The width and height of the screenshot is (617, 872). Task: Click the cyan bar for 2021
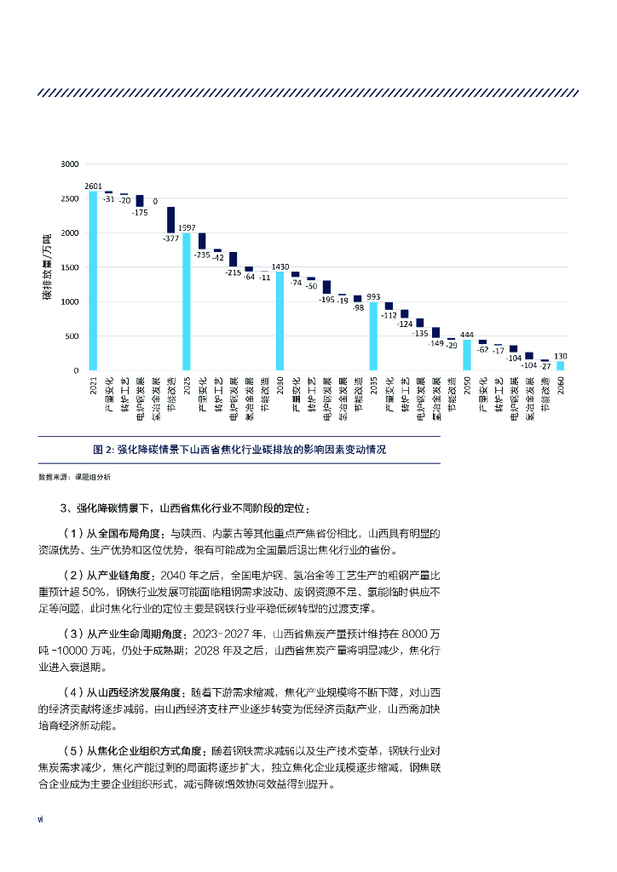93,281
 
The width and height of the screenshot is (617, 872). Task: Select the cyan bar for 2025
187,301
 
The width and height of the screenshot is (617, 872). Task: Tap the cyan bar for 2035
373,336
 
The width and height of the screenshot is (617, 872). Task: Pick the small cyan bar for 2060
560,365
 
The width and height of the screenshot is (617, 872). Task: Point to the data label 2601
93,186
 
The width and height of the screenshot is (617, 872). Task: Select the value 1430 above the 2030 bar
280,267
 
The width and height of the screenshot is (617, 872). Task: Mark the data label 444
467,334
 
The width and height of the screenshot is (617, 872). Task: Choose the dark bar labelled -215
234,259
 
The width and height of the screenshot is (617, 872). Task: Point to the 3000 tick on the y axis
69,163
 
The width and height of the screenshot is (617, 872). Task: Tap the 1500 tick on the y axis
69,267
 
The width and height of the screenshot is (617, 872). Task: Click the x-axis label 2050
467,388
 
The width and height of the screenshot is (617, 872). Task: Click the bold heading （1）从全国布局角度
118,534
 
